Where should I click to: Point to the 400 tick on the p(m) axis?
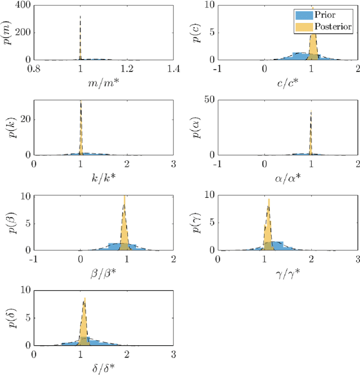22,5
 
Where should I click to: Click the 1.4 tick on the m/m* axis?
173,70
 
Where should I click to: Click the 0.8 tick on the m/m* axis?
34,70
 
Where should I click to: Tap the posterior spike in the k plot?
81,129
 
